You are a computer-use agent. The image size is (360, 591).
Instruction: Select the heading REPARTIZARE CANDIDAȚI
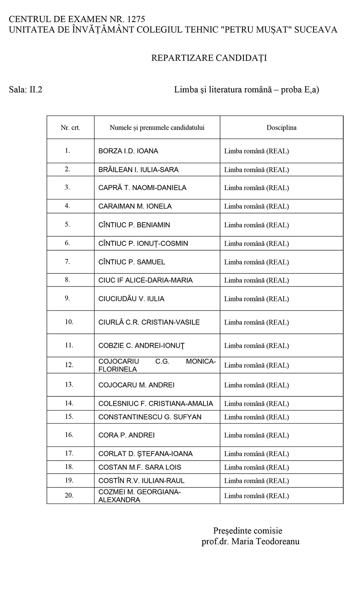click(x=209, y=58)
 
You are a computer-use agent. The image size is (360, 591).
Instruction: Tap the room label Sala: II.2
click(x=26, y=89)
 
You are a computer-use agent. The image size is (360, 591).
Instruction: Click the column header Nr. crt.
click(x=71, y=128)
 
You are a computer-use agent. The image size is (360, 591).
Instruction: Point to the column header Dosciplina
click(x=282, y=128)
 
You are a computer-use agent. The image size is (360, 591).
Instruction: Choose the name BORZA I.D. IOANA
click(x=128, y=151)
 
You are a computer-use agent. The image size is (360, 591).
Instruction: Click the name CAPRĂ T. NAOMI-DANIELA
click(x=142, y=188)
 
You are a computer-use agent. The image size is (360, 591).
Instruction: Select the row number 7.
click(x=67, y=262)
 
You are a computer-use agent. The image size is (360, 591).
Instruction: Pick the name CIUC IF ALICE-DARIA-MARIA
click(x=145, y=281)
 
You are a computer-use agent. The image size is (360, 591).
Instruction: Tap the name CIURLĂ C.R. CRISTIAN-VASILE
click(x=149, y=322)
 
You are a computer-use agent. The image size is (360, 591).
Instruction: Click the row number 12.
click(x=69, y=365)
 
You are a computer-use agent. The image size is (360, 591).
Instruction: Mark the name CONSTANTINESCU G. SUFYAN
click(x=150, y=417)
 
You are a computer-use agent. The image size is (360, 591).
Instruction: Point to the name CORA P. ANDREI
click(x=127, y=435)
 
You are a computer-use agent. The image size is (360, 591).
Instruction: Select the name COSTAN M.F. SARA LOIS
click(x=140, y=467)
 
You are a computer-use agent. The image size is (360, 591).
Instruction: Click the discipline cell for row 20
click(x=257, y=496)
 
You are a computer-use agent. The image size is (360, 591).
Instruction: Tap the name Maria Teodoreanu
click(x=265, y=541)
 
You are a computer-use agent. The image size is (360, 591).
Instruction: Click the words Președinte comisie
click(x=248, y=531)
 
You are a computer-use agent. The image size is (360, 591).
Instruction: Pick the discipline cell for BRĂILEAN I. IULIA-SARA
click(x=257, y=170)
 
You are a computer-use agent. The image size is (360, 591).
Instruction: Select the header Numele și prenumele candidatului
click(x=157, y=128)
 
